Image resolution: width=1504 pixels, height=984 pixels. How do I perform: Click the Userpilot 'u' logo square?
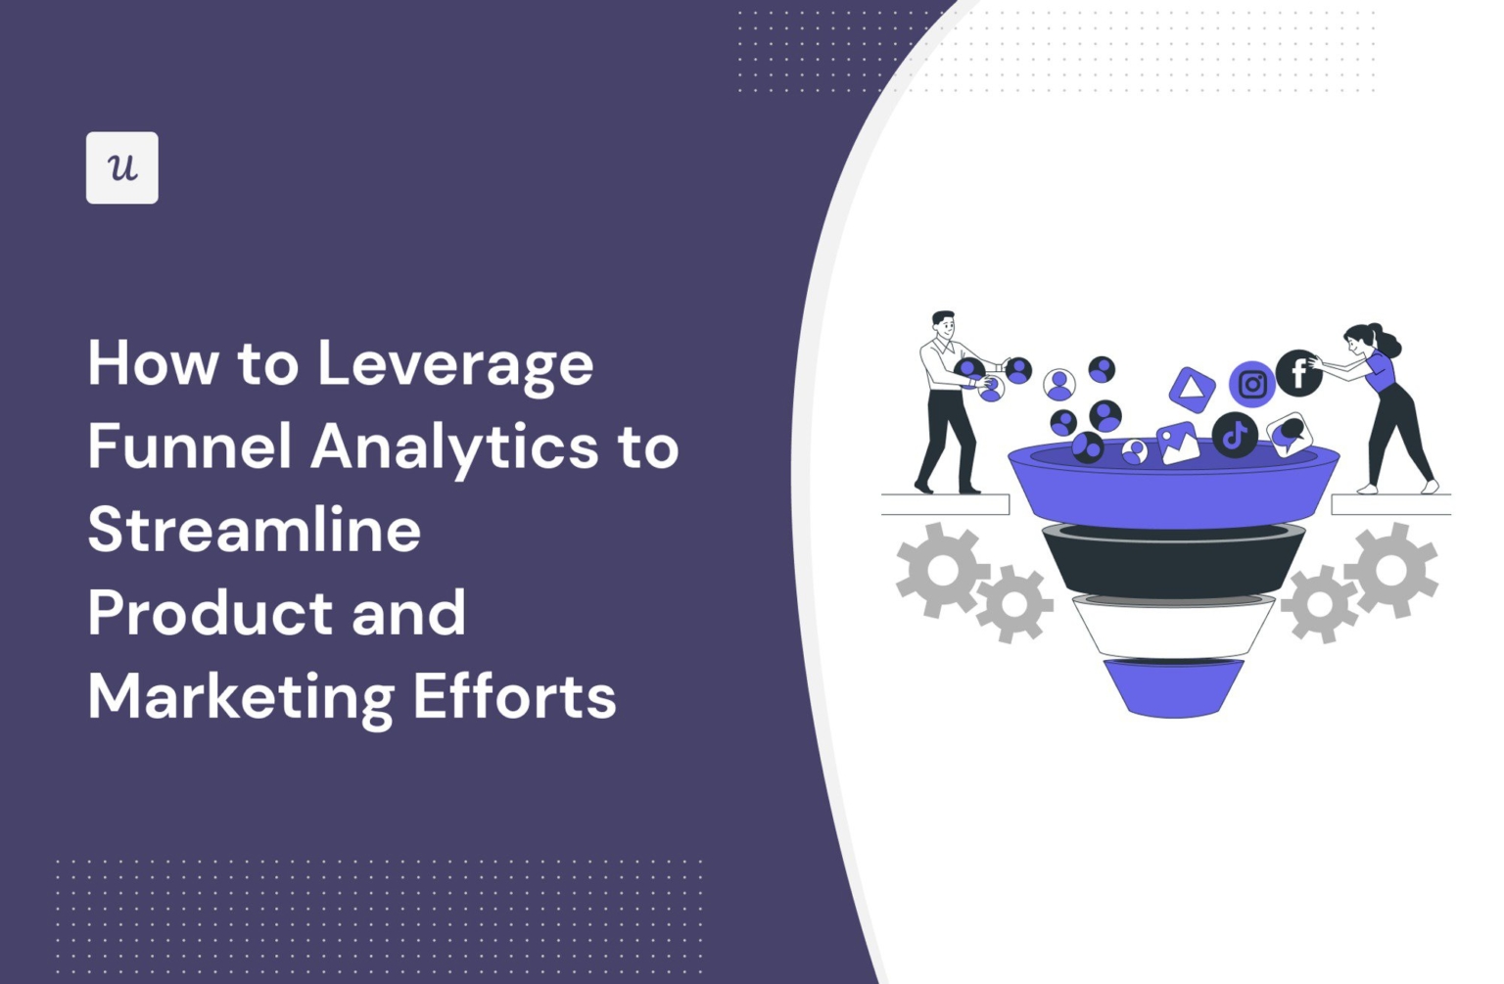(x=121, y=167)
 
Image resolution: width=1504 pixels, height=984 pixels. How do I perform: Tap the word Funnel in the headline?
(x=190, y=446)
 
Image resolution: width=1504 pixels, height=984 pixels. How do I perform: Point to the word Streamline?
(x=255, y=530)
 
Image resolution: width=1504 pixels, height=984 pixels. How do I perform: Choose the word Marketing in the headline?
(x=241, y=697)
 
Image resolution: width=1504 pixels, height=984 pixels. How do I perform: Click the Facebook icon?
(x=1298, y=373)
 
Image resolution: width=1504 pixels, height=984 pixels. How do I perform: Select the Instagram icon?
(x=1251, y=384)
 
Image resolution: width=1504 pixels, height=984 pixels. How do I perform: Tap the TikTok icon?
(x=1235, y=434)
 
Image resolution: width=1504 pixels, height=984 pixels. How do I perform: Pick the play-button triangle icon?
(x=1192, y=389)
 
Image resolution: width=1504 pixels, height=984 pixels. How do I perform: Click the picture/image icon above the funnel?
(x=1177, y=443)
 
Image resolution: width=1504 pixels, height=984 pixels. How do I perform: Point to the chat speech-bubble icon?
(x=1290, y=434)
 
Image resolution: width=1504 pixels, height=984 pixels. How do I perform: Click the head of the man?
(x=944, y=325)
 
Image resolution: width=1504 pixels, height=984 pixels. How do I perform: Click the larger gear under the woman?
(x=1390, y=570)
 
